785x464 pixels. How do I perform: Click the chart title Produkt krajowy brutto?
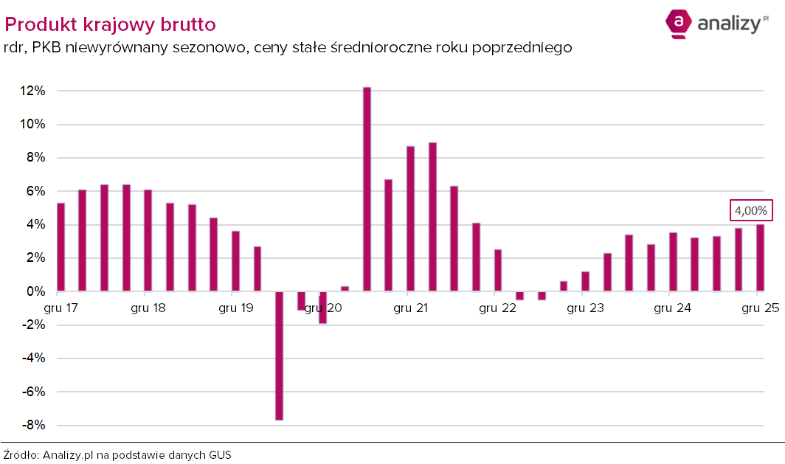pyautogui.click(x=111, y=24)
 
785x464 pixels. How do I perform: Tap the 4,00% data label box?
pyautogui.click(x=752, y=211)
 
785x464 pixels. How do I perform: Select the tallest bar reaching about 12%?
pyautogui.click(x=367, y=189)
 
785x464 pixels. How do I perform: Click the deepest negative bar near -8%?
pyautogui.click(x=280, y=356)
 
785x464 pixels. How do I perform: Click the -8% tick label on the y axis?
pyautogui.click(x=32, y=426)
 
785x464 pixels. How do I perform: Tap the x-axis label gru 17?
pyautogui.click(x=62, y=308)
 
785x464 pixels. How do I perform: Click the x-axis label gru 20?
pyautogui.click(x=323, y=308)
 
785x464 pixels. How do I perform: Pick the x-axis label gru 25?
pyautogui.click(x=760, y=308)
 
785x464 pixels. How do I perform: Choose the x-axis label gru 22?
pyautogui.click(x=497, y=308)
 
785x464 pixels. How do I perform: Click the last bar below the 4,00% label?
pyautogui.click(x=760, y=258)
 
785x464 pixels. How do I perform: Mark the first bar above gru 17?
pyautogui.click(x=60, y=247)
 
